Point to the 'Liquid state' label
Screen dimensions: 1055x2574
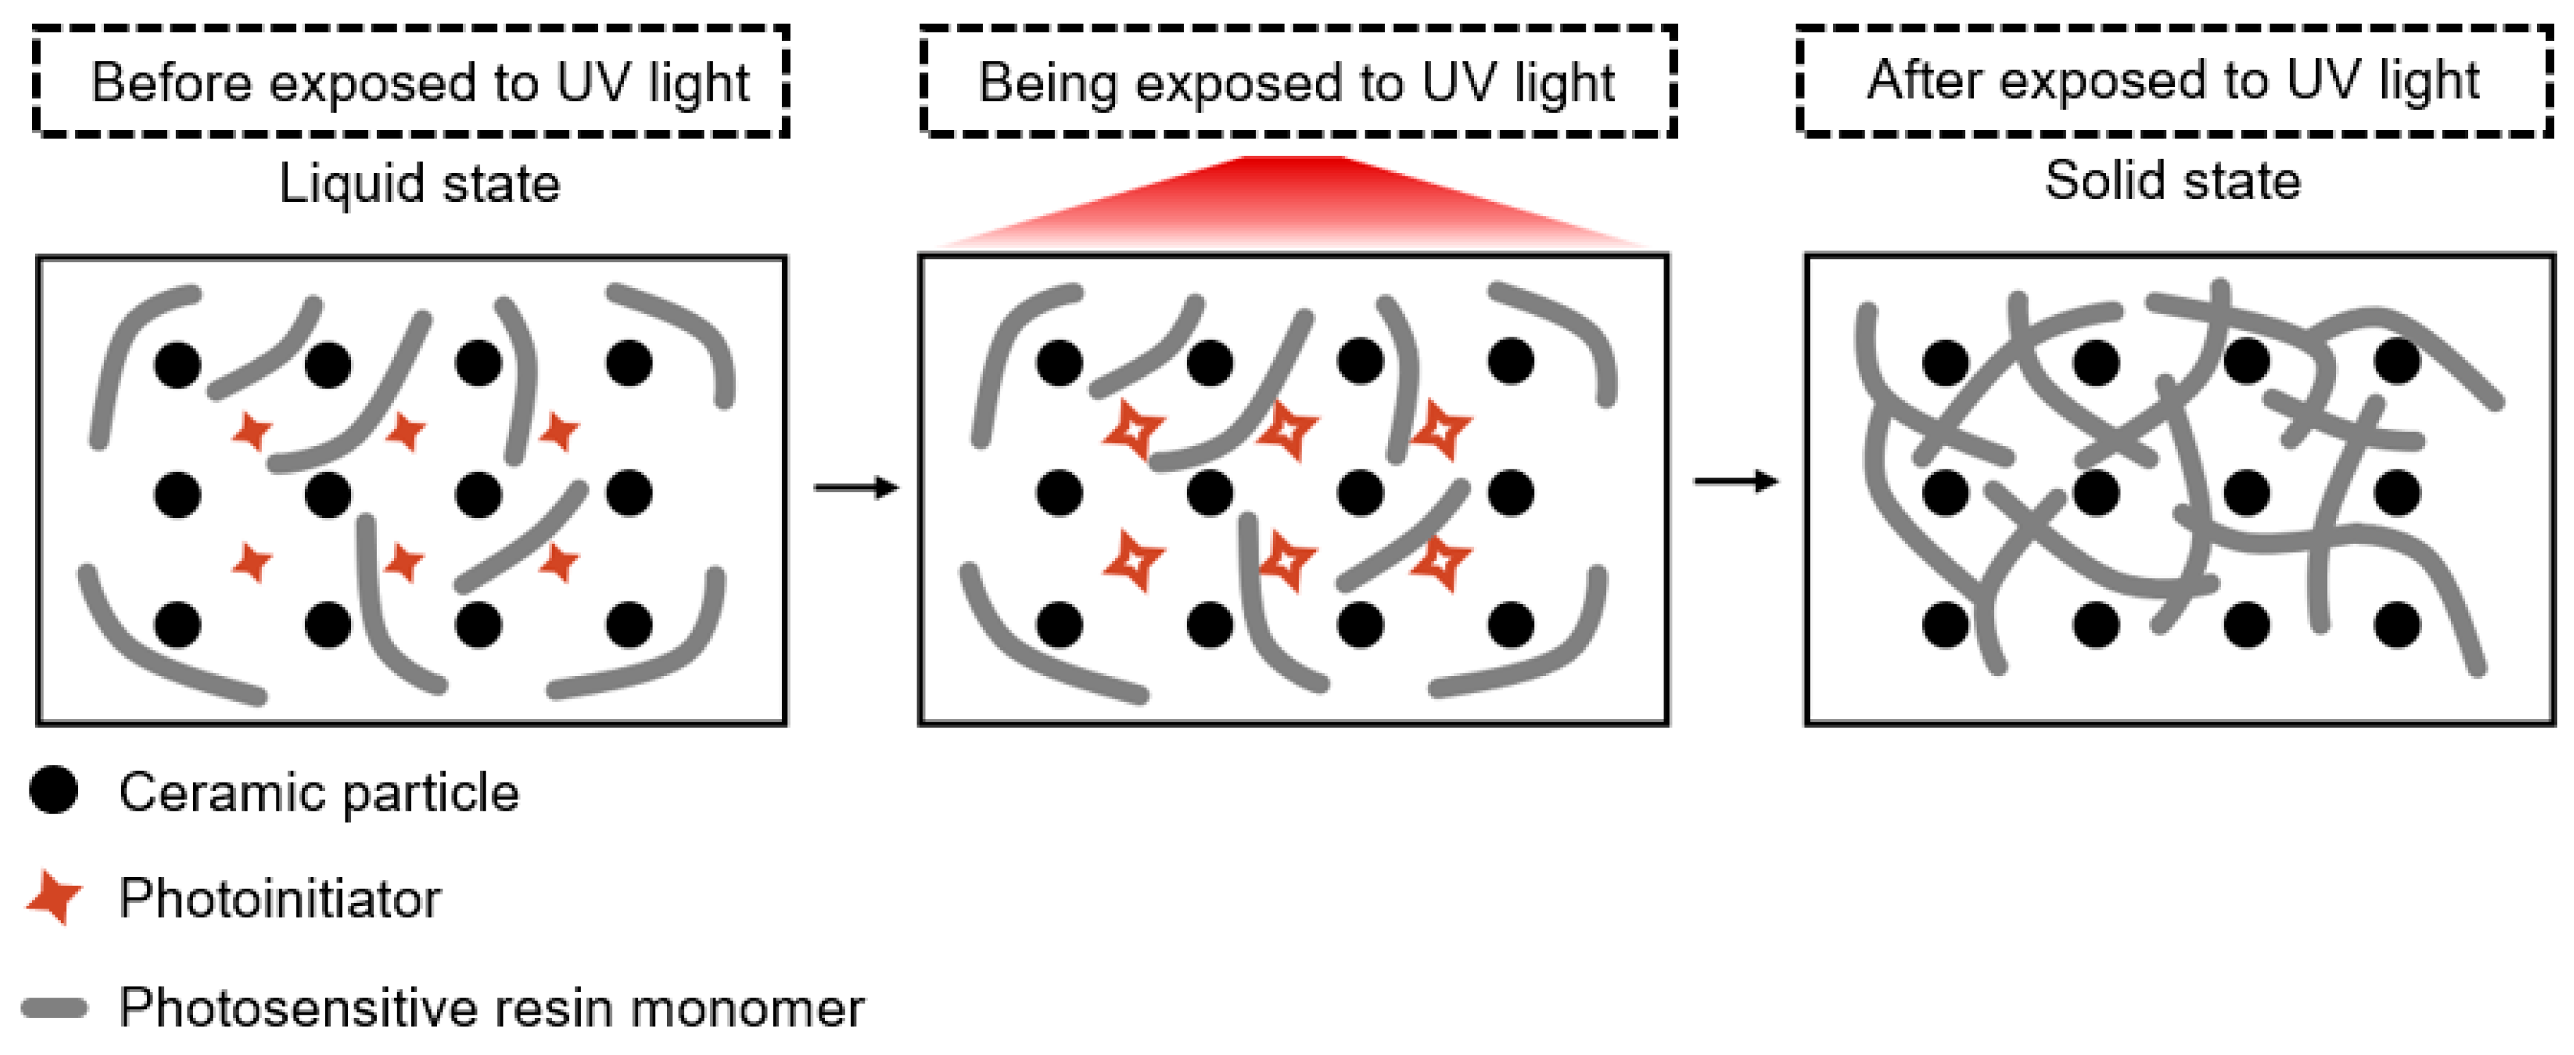[x=419, y=184]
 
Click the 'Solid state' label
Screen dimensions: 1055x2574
[x=2172, y=181]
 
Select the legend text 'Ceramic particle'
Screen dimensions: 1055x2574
[x=319, y=793]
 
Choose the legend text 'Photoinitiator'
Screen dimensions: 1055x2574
[x=280, y=898]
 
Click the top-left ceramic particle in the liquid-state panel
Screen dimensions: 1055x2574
[x=178, y=364]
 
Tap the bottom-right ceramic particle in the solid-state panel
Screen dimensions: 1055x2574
[x=2397, y=625]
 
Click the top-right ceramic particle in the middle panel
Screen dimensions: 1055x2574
[x=1511, y=361]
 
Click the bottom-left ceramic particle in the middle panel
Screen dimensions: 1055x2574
[x=1059, y=625]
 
